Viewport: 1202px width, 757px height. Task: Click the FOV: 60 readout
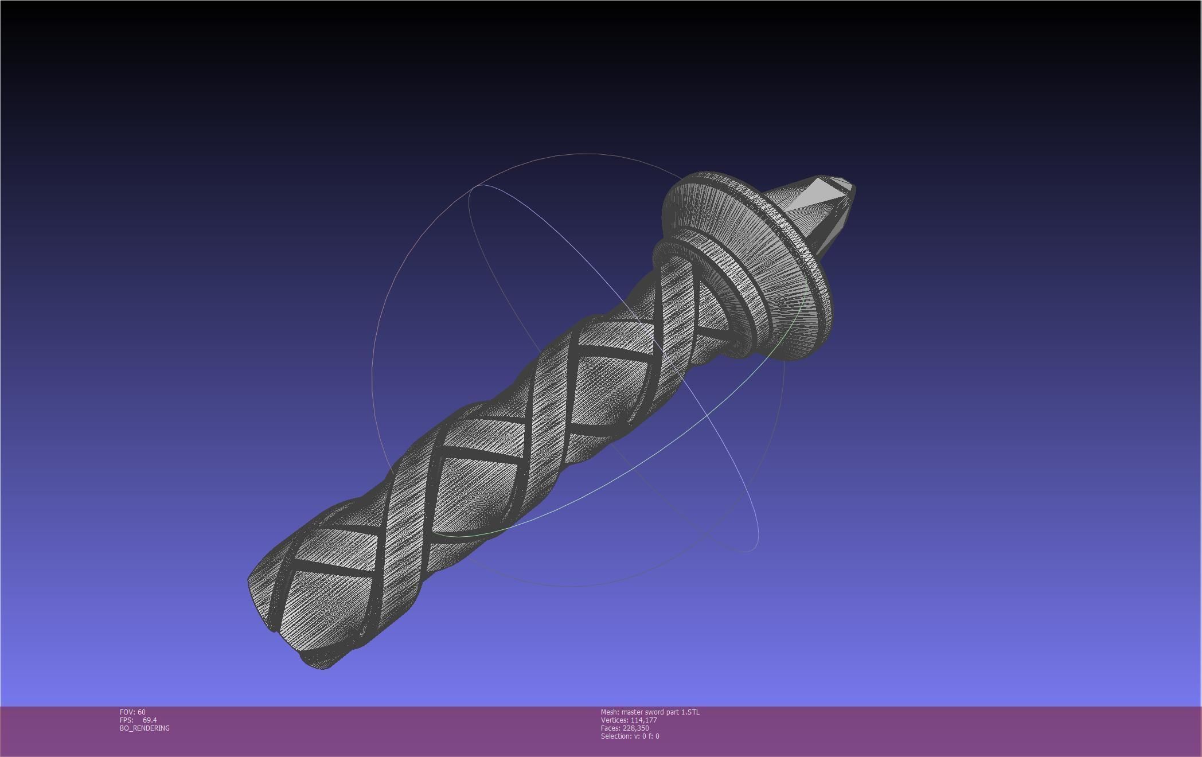coord(132,712)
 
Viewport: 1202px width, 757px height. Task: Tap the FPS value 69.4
coord(150,720)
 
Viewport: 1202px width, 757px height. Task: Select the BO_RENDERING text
coord(145,728)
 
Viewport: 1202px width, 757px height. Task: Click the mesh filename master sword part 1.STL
coord(650,712)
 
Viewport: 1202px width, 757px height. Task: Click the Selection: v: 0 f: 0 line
coord(630,736)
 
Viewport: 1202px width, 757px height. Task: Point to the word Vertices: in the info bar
coord(614,720)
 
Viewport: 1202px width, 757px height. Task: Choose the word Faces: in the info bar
coord(610,728)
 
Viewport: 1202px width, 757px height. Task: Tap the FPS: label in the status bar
coord(126,720)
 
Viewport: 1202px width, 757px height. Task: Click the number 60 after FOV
coord(142,712)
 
